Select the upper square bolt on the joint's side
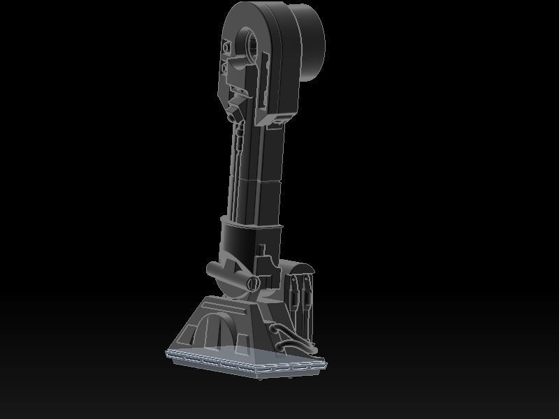pos(226,47)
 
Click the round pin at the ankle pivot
pos(253,282)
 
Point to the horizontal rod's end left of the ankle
pos(210,269)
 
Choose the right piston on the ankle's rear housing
pos(306,293)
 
